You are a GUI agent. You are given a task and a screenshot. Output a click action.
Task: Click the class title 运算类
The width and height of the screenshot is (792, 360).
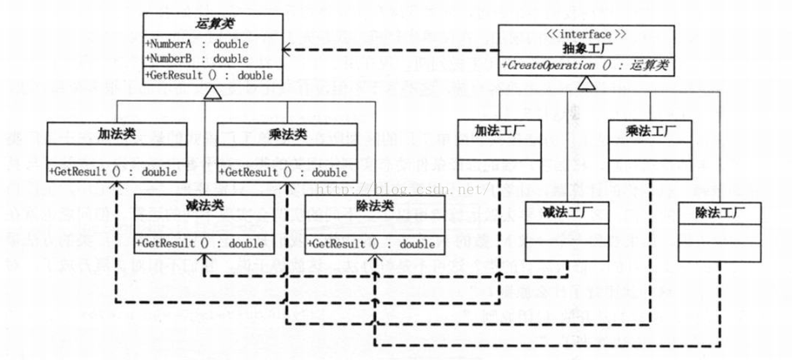click(x=212, y=24)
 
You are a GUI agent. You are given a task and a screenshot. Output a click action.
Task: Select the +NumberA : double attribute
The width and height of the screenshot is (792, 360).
click(x=196, y=42)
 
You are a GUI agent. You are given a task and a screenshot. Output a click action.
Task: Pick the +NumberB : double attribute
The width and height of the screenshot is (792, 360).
click(x=196, y=58)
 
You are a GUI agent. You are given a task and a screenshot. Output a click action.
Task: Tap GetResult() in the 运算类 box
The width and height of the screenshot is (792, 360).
click(x=208, y=75)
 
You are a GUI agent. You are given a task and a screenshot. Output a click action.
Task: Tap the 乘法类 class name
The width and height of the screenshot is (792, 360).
click(x=287, y=132)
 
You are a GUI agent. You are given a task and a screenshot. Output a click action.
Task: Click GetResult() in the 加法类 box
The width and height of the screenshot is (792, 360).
click(x=113, y=172)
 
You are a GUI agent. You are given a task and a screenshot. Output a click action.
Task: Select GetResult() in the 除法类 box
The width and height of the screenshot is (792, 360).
click(x=371, y=244)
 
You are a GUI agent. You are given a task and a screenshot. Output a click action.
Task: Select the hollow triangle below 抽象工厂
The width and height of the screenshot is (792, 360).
click(x=587, y=82)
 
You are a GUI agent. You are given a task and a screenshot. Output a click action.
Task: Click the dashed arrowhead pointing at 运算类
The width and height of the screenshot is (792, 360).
click(x=289, y=50)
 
